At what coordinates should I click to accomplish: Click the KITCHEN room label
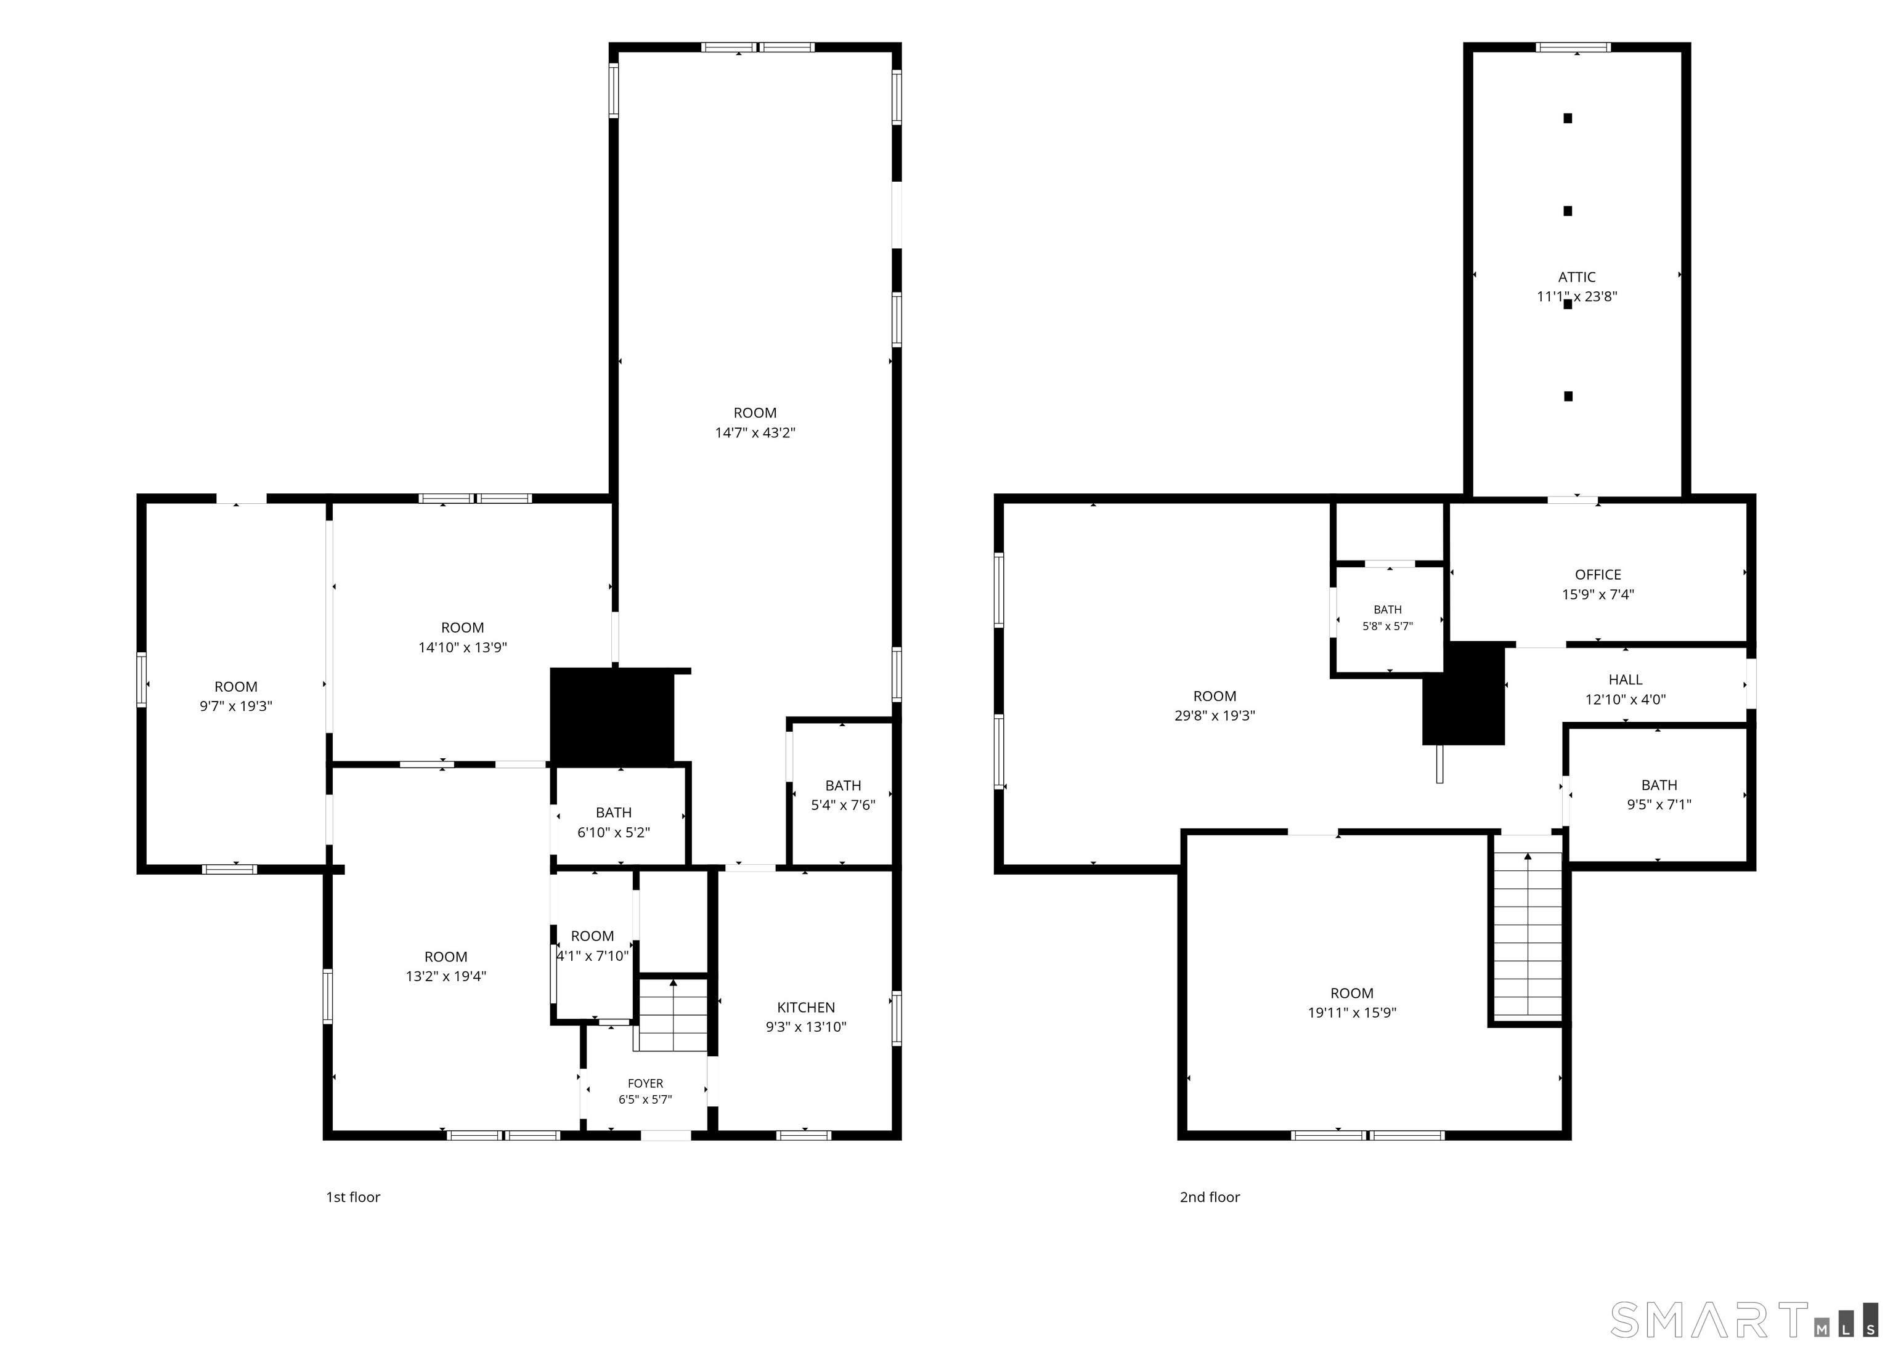click(805, 1007)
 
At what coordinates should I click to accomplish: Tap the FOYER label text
click(645, 1083)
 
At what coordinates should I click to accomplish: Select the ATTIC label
click(1576, 277)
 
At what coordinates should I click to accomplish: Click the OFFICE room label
click(1597, 575)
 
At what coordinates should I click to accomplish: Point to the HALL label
click(1625, 680)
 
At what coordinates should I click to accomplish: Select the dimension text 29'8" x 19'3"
click(1215, 716)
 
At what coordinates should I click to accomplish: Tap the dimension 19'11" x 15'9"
click(1352, 1013)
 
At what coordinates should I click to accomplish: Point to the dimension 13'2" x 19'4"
click(446, 976)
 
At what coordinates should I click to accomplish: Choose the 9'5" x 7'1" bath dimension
click(1658, 805)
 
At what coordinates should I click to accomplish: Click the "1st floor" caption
click(352, 1197)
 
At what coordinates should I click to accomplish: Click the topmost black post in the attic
click(1568, 118)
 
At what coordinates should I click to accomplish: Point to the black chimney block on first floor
click(612, 716)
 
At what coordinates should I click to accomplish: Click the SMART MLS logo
click(1744, 1319)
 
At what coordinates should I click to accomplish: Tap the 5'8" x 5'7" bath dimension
click(1388, 626)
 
